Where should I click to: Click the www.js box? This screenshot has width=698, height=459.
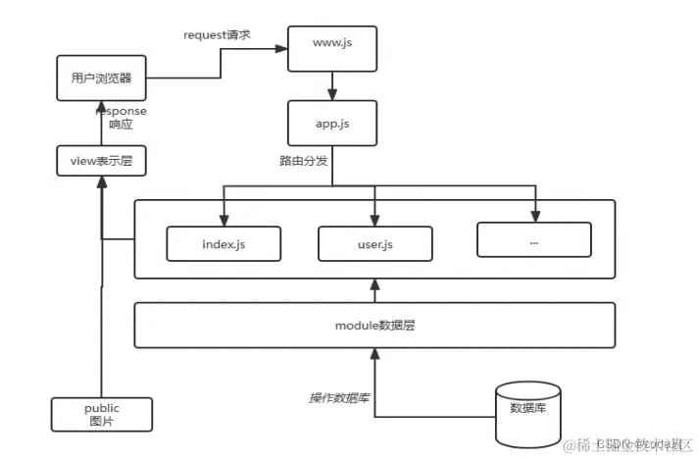pos(331,47)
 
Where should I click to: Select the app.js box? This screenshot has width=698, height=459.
pos(331,126)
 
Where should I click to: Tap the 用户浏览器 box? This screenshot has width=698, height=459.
pos(101,78)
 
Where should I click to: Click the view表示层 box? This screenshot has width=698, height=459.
pos(101,160)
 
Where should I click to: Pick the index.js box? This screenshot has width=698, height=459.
pos(224,243)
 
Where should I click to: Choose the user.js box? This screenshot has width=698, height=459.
pos(374,243)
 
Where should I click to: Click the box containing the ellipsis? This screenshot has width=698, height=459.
pos(534,239)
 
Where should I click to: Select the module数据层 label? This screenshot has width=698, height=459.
pos(374,325)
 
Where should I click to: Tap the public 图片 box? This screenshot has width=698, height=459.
pos(101,414)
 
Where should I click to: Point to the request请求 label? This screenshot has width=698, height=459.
pos(218,35)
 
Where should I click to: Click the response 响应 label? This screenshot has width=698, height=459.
pos(122,118)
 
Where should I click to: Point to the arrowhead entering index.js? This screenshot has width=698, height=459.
pos(224,221)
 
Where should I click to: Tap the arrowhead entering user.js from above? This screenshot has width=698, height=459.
pos(374,221)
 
